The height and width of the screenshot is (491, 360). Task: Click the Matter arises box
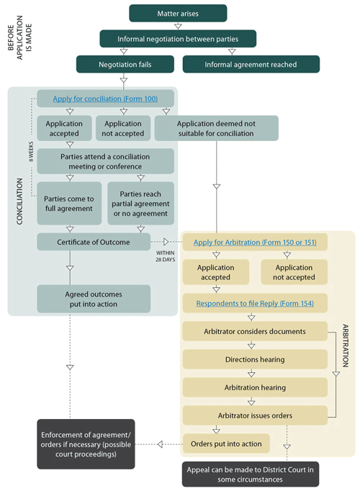click(178, 13)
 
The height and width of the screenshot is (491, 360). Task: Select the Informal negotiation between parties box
click(178, 39)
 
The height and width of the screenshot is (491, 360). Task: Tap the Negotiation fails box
click(125, 64)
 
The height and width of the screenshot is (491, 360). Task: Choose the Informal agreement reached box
click(251, 64)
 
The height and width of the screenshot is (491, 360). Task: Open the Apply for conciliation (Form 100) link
click(105, 99)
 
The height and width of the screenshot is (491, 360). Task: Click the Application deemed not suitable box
click(216, 128)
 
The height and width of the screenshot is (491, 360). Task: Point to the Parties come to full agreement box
click(69, 203)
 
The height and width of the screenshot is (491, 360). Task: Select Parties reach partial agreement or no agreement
click(140, 203)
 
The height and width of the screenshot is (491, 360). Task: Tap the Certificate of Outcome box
click(94, 242)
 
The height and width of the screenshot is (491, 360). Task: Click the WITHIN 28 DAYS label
click(166, 256)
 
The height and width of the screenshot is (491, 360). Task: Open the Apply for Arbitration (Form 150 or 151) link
click(255, 242)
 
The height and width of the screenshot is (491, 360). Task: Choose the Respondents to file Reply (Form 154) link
click(255, 303)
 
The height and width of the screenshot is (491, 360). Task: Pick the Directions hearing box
click(255, 359)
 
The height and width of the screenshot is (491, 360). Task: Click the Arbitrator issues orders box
click(255, 415)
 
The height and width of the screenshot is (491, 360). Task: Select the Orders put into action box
click(226, 443)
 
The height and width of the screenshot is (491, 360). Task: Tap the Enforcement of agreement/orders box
click(86, 444)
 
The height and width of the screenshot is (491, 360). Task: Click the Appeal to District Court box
click(251, 474)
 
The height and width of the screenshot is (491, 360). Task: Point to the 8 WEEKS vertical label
click(31, 152)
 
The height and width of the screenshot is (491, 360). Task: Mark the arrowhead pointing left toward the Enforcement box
click(160, 444)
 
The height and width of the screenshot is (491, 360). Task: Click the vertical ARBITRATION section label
click(346, 346)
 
